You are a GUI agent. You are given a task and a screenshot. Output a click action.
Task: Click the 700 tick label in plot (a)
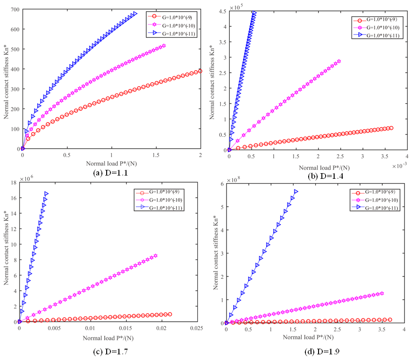coord(14,9)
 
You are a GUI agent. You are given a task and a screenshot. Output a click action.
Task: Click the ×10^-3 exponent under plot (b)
coord(400,166)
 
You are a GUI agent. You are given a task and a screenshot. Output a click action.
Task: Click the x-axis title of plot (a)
coord(111,163)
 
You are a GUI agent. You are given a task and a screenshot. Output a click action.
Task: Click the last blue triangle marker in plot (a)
coord(135,14)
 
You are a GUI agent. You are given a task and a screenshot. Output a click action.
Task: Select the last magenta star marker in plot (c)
coord(156,256)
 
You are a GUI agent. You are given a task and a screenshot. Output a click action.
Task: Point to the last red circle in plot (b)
coord(391,128)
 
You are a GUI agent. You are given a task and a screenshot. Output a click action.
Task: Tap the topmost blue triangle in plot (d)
coord(296,192)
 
